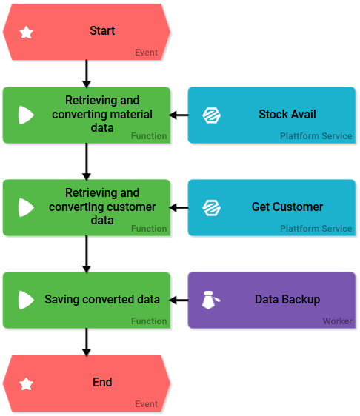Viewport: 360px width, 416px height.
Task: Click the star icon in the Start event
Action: pos(26,33)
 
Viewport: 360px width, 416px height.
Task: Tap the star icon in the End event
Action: pos(26,384)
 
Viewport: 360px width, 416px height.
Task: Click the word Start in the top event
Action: pos(102,30)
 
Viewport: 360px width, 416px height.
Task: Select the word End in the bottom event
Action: pos(102,382)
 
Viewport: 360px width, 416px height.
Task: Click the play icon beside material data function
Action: pos(26,115)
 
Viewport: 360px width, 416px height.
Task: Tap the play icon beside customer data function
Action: pos(26,207)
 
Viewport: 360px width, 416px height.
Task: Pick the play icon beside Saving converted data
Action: pos(26,300)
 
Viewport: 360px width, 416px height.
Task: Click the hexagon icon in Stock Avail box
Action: pos(211,115)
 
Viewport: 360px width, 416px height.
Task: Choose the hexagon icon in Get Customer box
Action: pos(211,207)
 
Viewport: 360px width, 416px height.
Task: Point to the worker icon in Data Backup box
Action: pos(211,300)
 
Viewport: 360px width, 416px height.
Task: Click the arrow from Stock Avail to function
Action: pos(179,115)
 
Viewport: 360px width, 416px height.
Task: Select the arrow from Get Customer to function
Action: pos(179,207)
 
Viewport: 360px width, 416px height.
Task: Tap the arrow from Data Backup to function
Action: pos(179,300)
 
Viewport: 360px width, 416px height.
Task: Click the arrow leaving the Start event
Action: pos(86,73)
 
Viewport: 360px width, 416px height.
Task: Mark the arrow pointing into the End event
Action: pos(86,342)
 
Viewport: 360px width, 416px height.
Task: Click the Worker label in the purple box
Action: pos(337,321)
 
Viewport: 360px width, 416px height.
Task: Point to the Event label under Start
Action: pos(146,53)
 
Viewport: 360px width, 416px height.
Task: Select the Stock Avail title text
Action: pos(287,114)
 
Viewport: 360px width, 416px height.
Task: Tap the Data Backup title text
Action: pos(287,299)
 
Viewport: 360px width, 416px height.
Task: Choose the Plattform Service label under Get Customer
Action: pos(316,229)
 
